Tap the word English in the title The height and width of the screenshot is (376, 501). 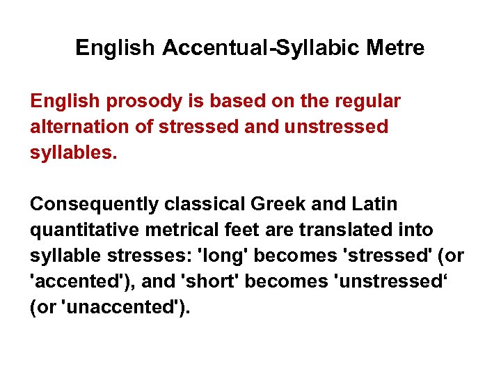pyautogui.click(x=115, y=48)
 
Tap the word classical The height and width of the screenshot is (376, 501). pyautogui.click(x=202, y=205)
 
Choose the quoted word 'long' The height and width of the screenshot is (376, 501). pyautogui.click(x=223, y=256)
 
